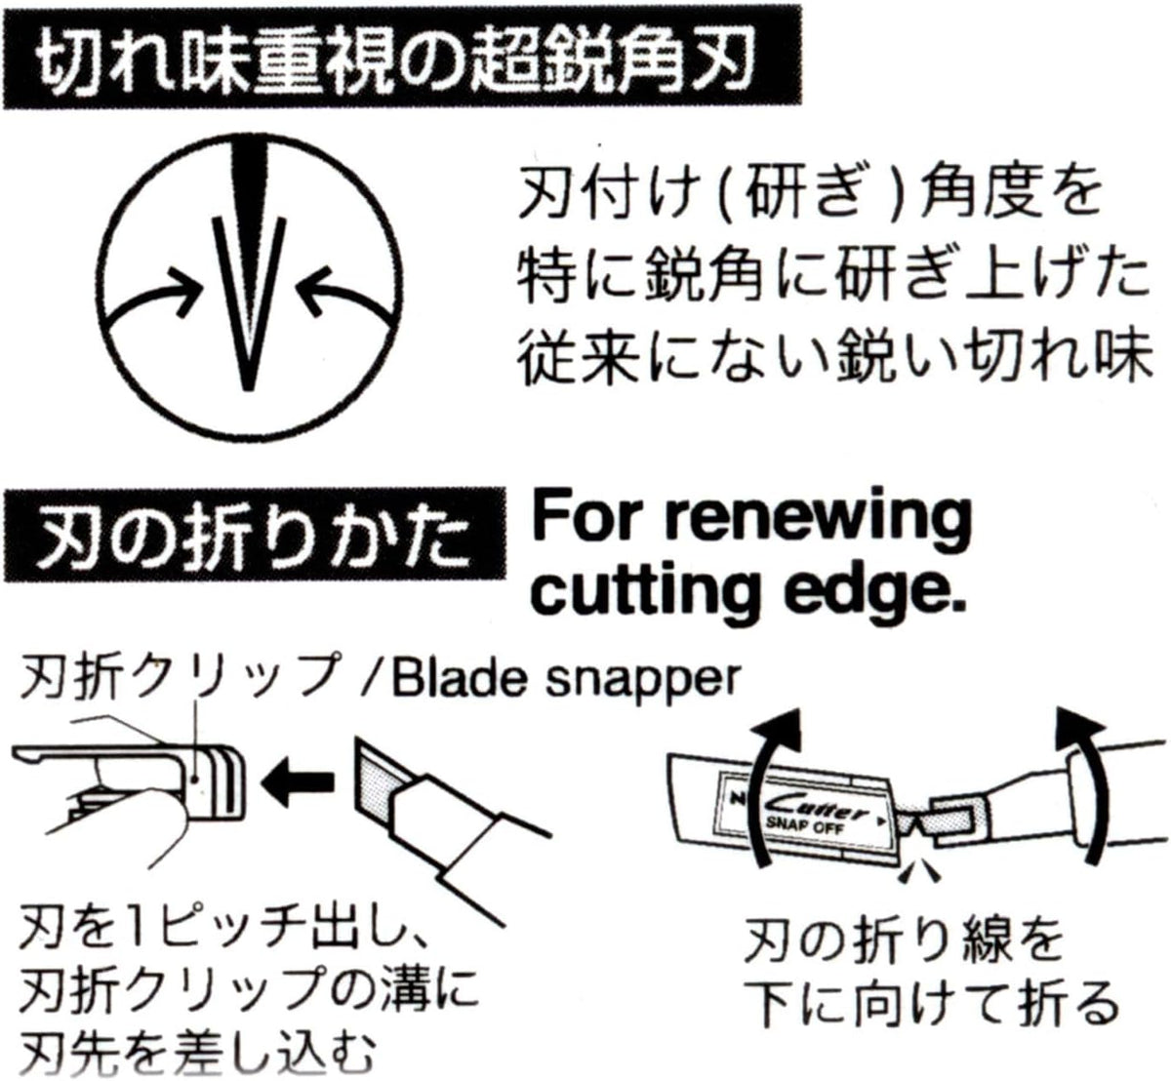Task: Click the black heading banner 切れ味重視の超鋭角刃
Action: click(402, 58)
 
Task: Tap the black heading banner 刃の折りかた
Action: click(255, 535)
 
